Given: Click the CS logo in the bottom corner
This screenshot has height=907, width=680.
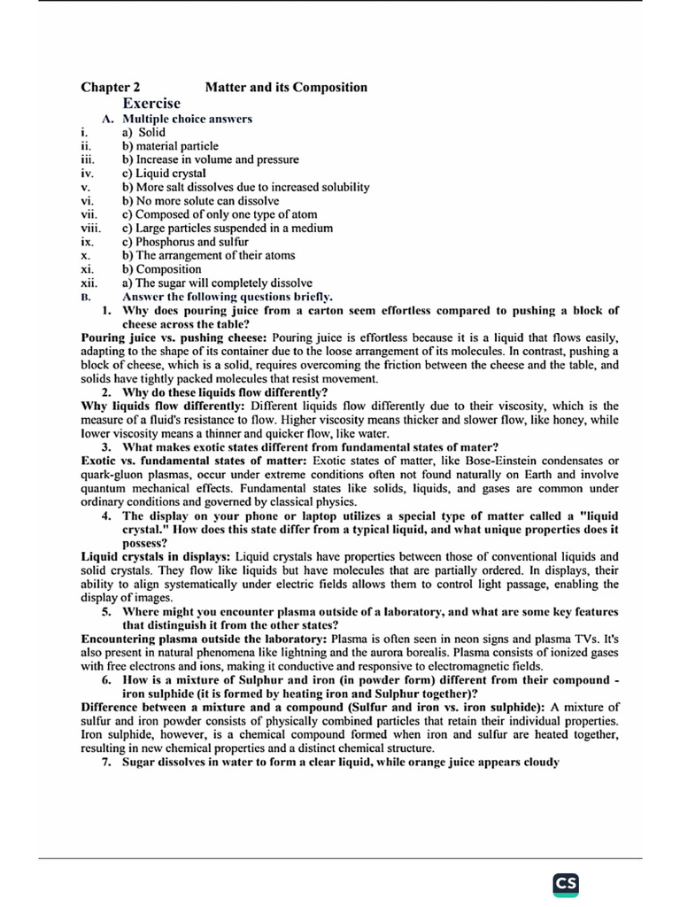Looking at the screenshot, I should [566, 885].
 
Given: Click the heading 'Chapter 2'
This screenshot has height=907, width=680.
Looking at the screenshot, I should [110, 87].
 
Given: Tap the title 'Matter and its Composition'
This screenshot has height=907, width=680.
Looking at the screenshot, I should [286, 87].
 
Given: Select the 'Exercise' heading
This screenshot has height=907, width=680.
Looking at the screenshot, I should [151, 104].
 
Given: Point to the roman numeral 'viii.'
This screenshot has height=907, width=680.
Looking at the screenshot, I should [92, 228].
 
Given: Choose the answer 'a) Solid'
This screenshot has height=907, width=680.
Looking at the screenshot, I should [143, 132].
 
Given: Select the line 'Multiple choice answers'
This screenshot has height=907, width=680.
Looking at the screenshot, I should [187, 119].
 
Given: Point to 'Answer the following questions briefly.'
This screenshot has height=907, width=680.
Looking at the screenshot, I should [228, 297].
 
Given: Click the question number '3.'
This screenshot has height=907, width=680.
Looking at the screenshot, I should [106, 447].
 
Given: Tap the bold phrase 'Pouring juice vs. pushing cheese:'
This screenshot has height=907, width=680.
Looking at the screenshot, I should [174, 337].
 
